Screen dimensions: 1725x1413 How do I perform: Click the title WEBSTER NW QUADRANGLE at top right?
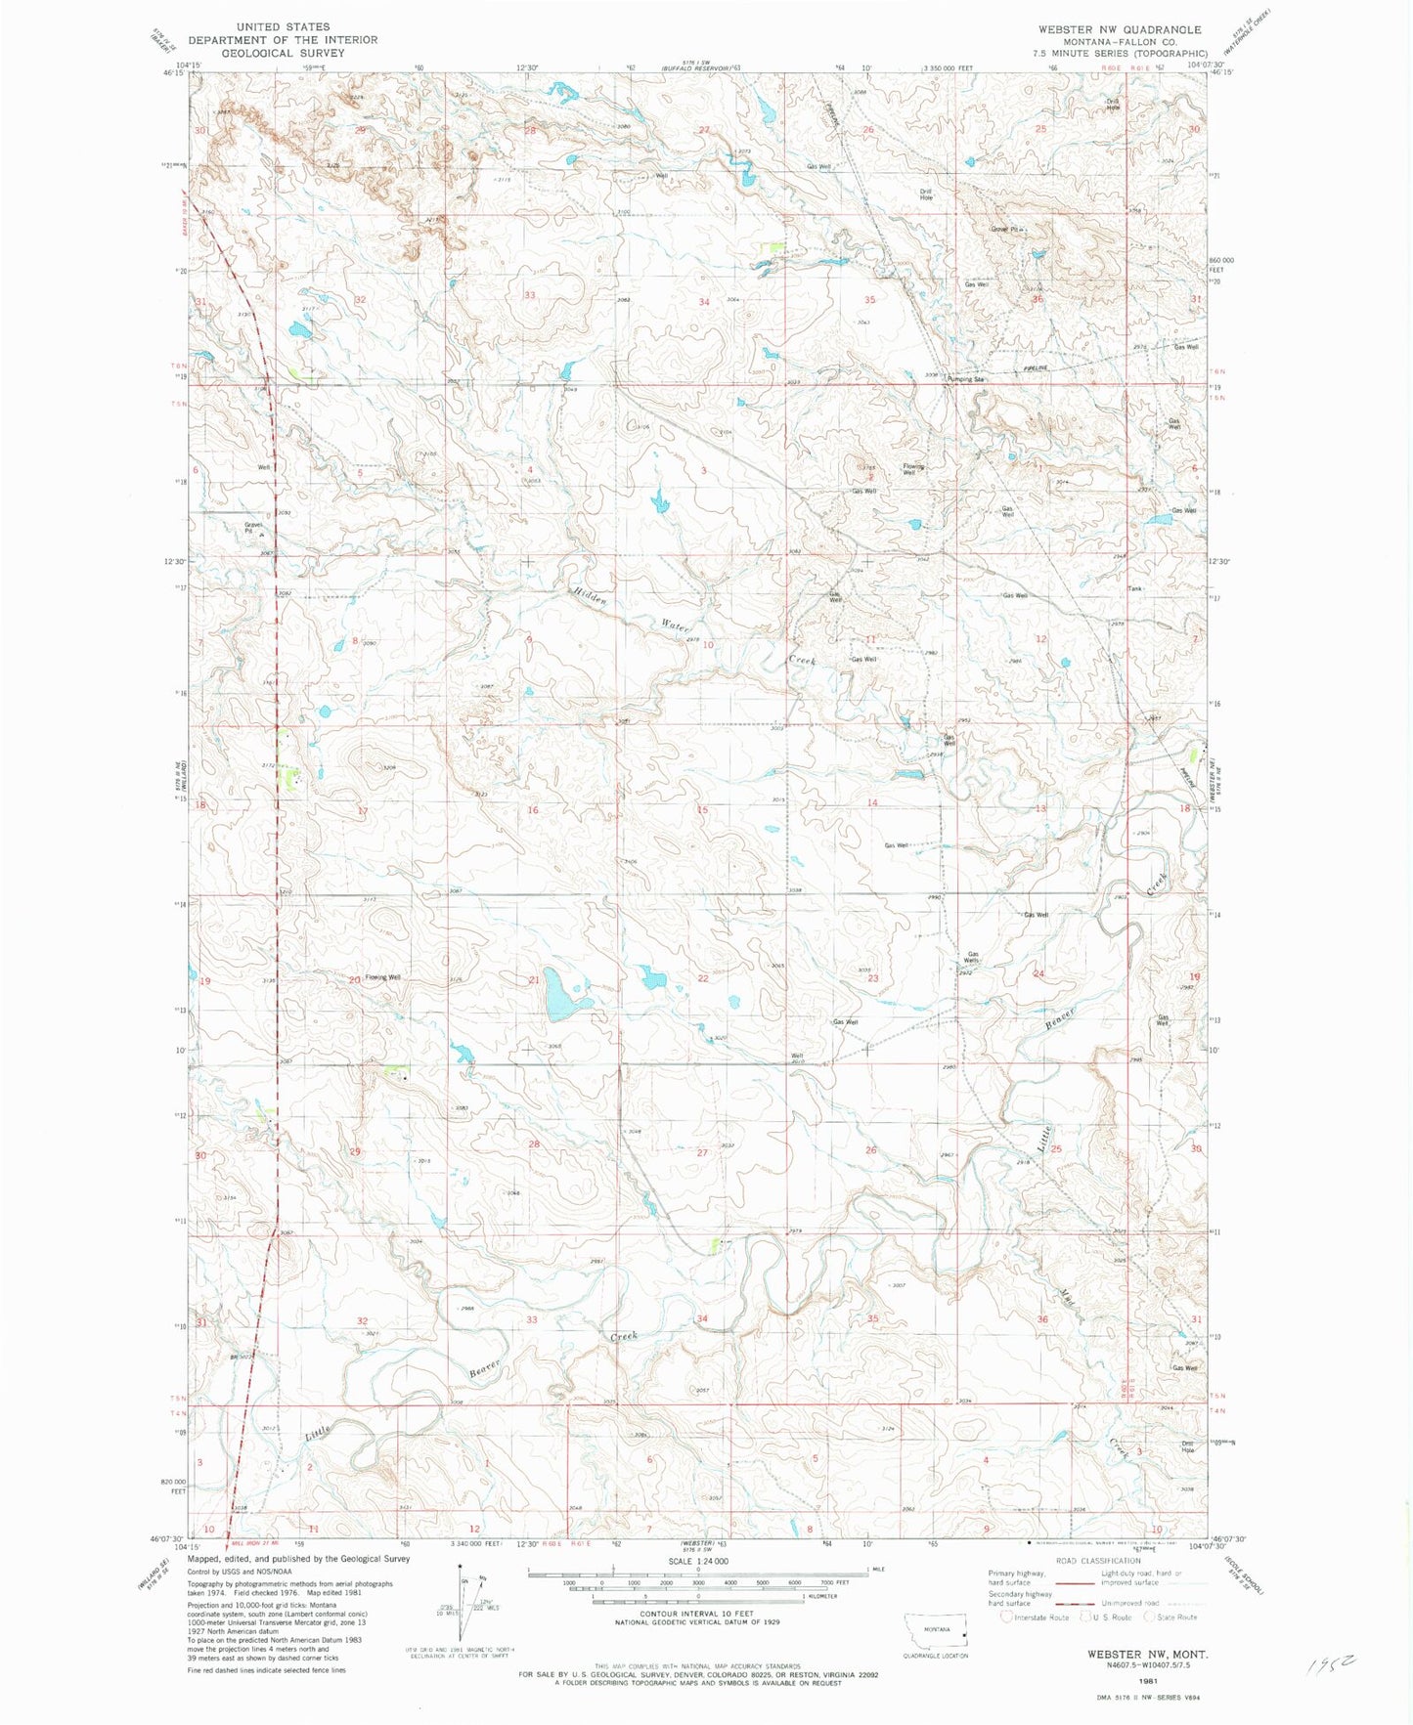(x=1120, y=29)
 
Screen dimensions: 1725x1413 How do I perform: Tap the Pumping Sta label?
(x=965, y=379)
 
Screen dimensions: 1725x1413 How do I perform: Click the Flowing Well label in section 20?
(x=382, y=977)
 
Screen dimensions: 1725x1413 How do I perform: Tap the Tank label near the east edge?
(x=1134, y=588)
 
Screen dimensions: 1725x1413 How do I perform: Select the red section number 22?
(x=703, y=978)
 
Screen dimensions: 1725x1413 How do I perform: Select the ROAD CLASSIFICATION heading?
(x=1098, y=1561)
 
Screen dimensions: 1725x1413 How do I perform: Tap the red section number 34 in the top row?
(x=703, y=302)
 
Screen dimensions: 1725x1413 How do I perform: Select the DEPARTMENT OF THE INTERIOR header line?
(x=283, y=40)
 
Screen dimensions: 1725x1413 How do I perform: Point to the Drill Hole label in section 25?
(x=1112, y=104)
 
